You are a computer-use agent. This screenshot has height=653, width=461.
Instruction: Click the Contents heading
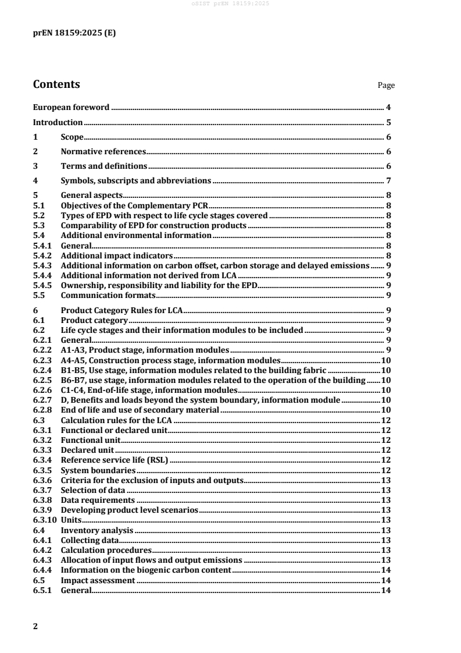(56, 84)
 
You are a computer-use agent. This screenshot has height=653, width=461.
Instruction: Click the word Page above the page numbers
(386, 86)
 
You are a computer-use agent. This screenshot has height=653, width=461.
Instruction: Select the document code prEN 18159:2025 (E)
(74, 33)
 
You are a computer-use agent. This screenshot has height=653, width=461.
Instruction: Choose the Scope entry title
(73, 137)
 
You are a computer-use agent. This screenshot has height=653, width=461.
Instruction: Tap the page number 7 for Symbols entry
(388, 180)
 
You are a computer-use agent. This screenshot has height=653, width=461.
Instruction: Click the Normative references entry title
(103, 152)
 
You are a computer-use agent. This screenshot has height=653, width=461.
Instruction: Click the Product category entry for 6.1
(94, 320)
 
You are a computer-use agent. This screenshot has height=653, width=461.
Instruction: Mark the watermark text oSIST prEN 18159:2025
(230, 5)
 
